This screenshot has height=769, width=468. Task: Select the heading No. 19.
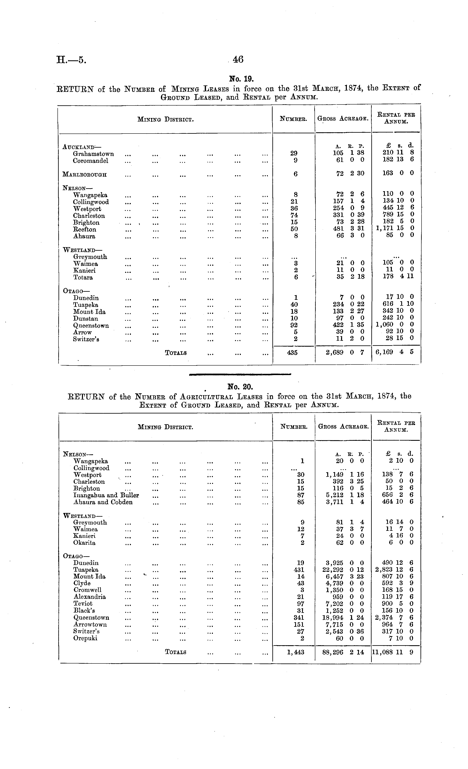pyautogui.click(x=239, y=78)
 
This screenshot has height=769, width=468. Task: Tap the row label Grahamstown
pyautogui.click(x=93, y=154)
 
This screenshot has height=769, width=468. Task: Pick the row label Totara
pyautogui.click(x=83, y=277)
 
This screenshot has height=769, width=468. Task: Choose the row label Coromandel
pyautogui.click(x=90, y=161)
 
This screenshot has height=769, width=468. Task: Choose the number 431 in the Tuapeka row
pyautogui.click(x=299, y=570)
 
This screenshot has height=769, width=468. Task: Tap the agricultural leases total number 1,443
pyautogui.click(x=295, y=652)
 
